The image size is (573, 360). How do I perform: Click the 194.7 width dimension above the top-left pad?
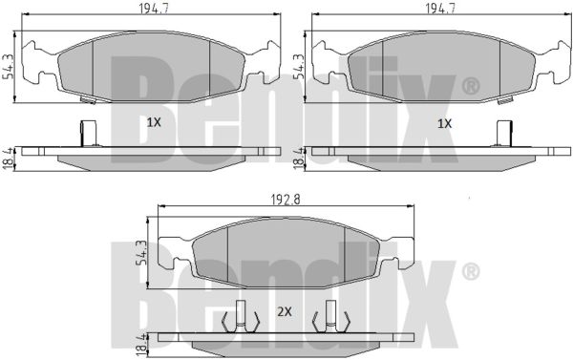click(153, 8)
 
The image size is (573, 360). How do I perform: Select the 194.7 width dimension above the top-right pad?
click(440, 8)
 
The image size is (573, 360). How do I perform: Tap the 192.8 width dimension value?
click(286, 200)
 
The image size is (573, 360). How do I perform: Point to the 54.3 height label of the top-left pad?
click(8, 66)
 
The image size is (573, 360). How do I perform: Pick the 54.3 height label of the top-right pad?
click(299, 66)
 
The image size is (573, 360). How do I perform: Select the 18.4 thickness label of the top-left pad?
click(8, 159)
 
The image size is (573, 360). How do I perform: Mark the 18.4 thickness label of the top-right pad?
click(299, 159)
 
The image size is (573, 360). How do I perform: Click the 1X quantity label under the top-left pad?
click(154, 122)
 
